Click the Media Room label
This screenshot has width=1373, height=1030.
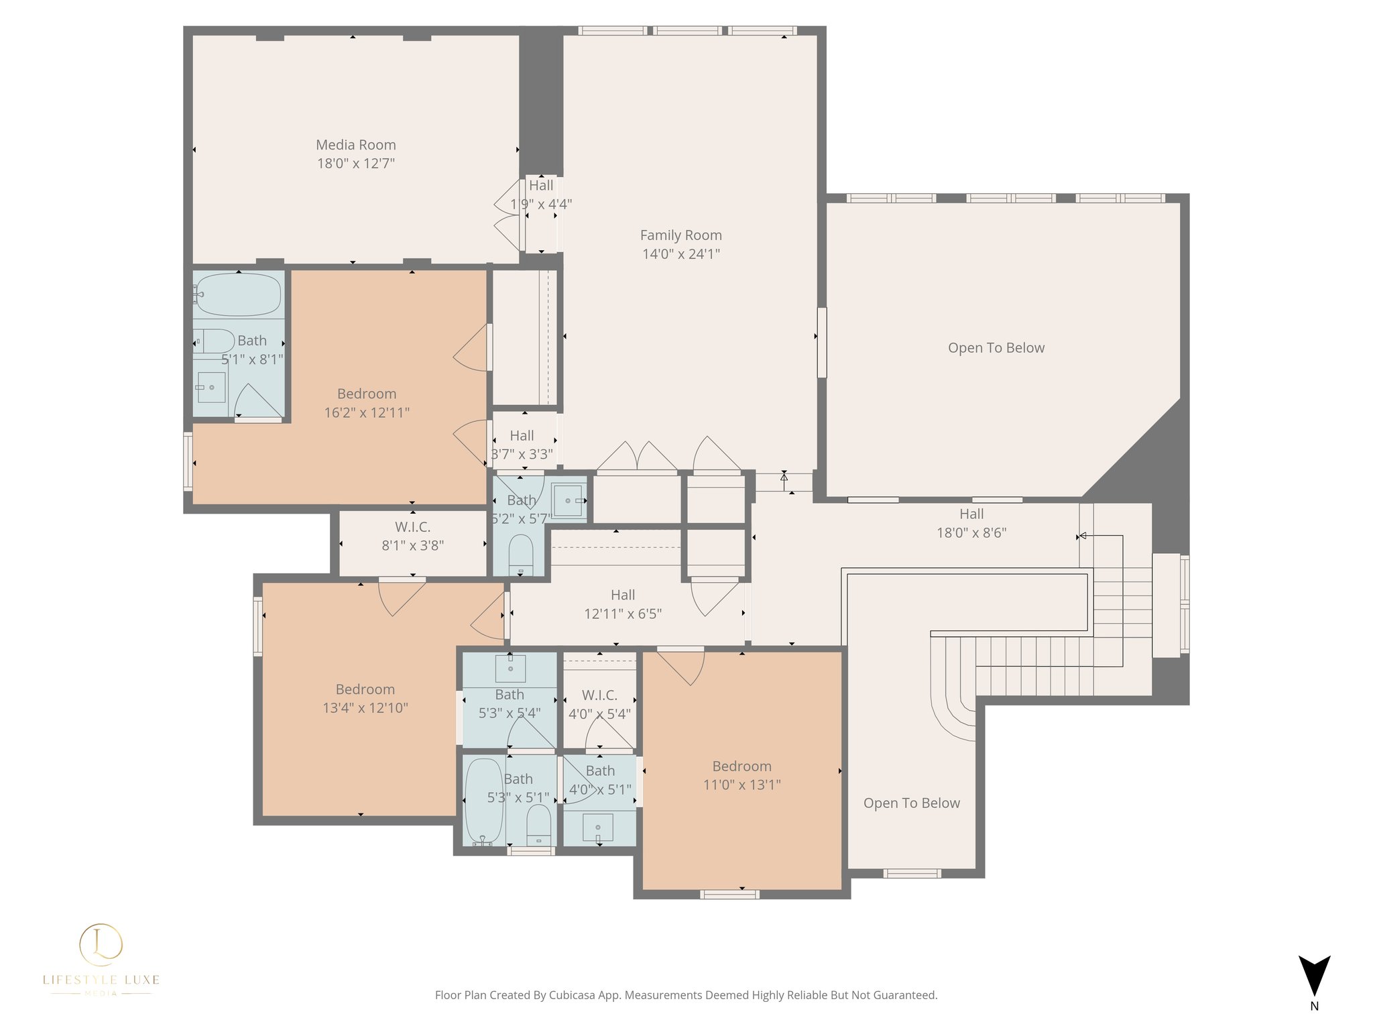(x=355, y=145)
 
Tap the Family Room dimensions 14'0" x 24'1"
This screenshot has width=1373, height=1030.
(x=681, y=254)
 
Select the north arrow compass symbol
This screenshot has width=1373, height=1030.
(x=1314, y=976)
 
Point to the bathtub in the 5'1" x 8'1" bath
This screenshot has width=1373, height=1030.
(x=238, y=294)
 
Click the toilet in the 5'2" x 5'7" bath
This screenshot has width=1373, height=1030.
(x=521, y=554)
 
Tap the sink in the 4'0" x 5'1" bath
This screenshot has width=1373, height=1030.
(x=598, y=827)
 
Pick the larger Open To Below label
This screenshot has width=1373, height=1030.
(x=996, y=348)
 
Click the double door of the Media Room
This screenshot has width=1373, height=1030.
(x=508, y=215)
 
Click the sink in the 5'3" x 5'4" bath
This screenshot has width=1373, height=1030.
(x=510, y=668)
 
